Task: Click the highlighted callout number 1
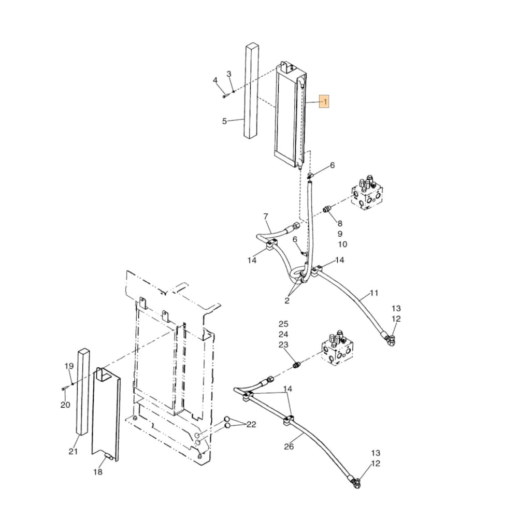324,102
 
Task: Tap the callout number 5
224,121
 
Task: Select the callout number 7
265,216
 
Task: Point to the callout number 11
374,293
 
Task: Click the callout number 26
289,447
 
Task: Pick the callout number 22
251,425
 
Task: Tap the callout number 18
98,472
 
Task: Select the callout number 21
73,452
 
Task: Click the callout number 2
287,300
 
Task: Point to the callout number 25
283,324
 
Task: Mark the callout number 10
342,244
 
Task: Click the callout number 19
69,366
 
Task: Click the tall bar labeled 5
252,91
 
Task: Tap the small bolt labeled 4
224,95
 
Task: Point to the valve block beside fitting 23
337,349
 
